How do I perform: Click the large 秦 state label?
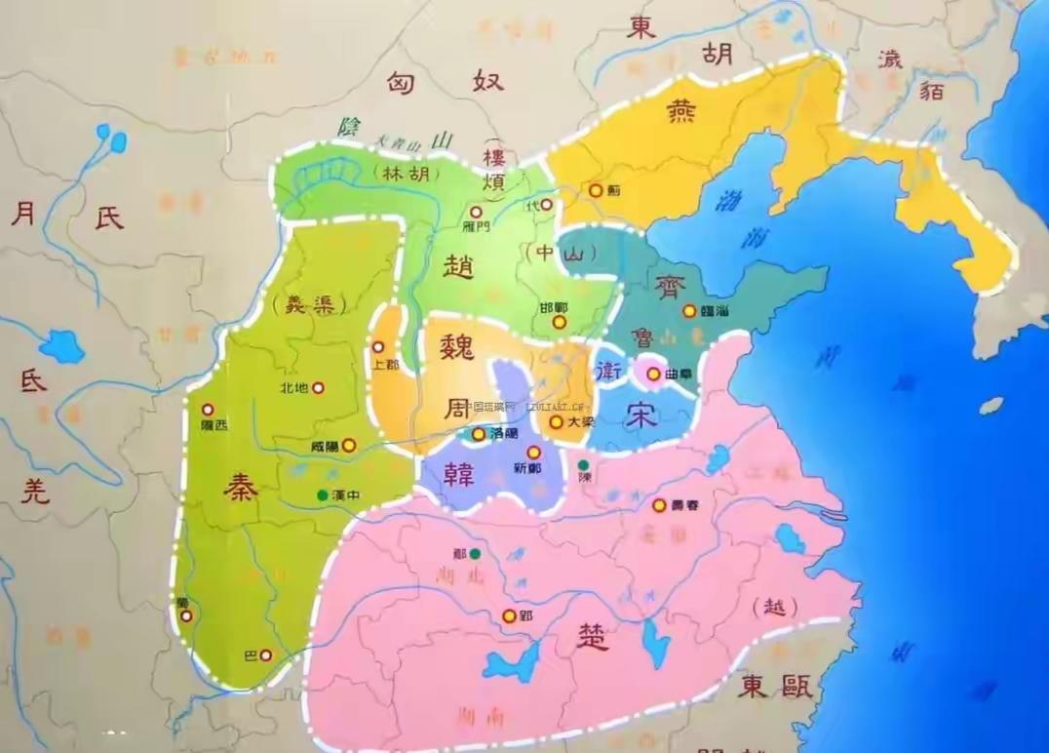(x=241, y=486)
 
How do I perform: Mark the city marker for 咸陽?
(x=349, y=445)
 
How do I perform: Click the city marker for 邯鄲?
(x=559, y=321)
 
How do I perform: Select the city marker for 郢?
(x=509, y=615)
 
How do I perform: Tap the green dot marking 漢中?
(x=322, y=495)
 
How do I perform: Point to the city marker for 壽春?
(x=659, y=505)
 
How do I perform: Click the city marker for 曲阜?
(x=653, y=373)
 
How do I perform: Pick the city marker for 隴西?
(x=207, y=410)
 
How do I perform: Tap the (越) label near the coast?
(x=776, y=607)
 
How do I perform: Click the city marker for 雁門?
(x=476, y=211)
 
